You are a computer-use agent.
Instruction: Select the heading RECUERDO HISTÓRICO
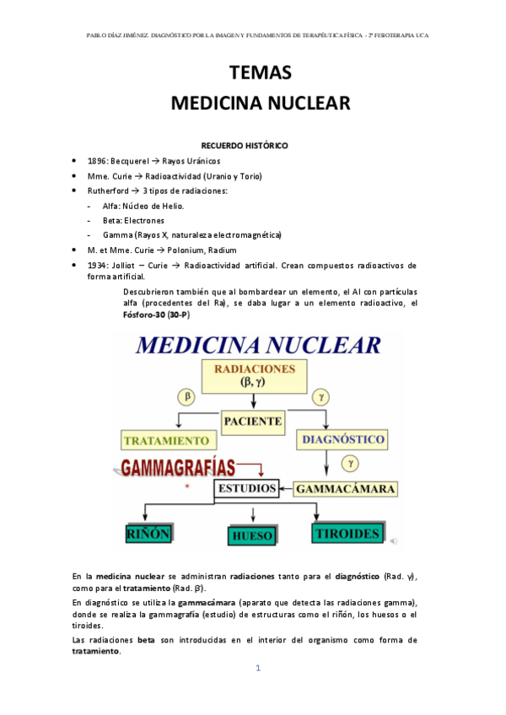click(244, 145)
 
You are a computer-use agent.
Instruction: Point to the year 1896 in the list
click(97, 160)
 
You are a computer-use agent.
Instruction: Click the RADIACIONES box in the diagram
click(254, 375)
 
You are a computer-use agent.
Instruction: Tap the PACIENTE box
click(253, 419)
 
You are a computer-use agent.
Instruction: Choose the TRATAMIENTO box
click(166, 440)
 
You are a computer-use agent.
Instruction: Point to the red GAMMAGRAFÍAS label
click(179, 468)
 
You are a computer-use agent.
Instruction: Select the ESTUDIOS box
click(246, 488)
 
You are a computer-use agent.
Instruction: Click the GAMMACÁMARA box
click(346, 488)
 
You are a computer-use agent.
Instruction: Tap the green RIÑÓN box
click(148, 534)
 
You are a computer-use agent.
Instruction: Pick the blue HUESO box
click(253, 535)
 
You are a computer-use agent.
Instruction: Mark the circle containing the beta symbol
click(188, 395)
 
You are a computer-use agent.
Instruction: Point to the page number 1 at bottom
click(259, 669)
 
